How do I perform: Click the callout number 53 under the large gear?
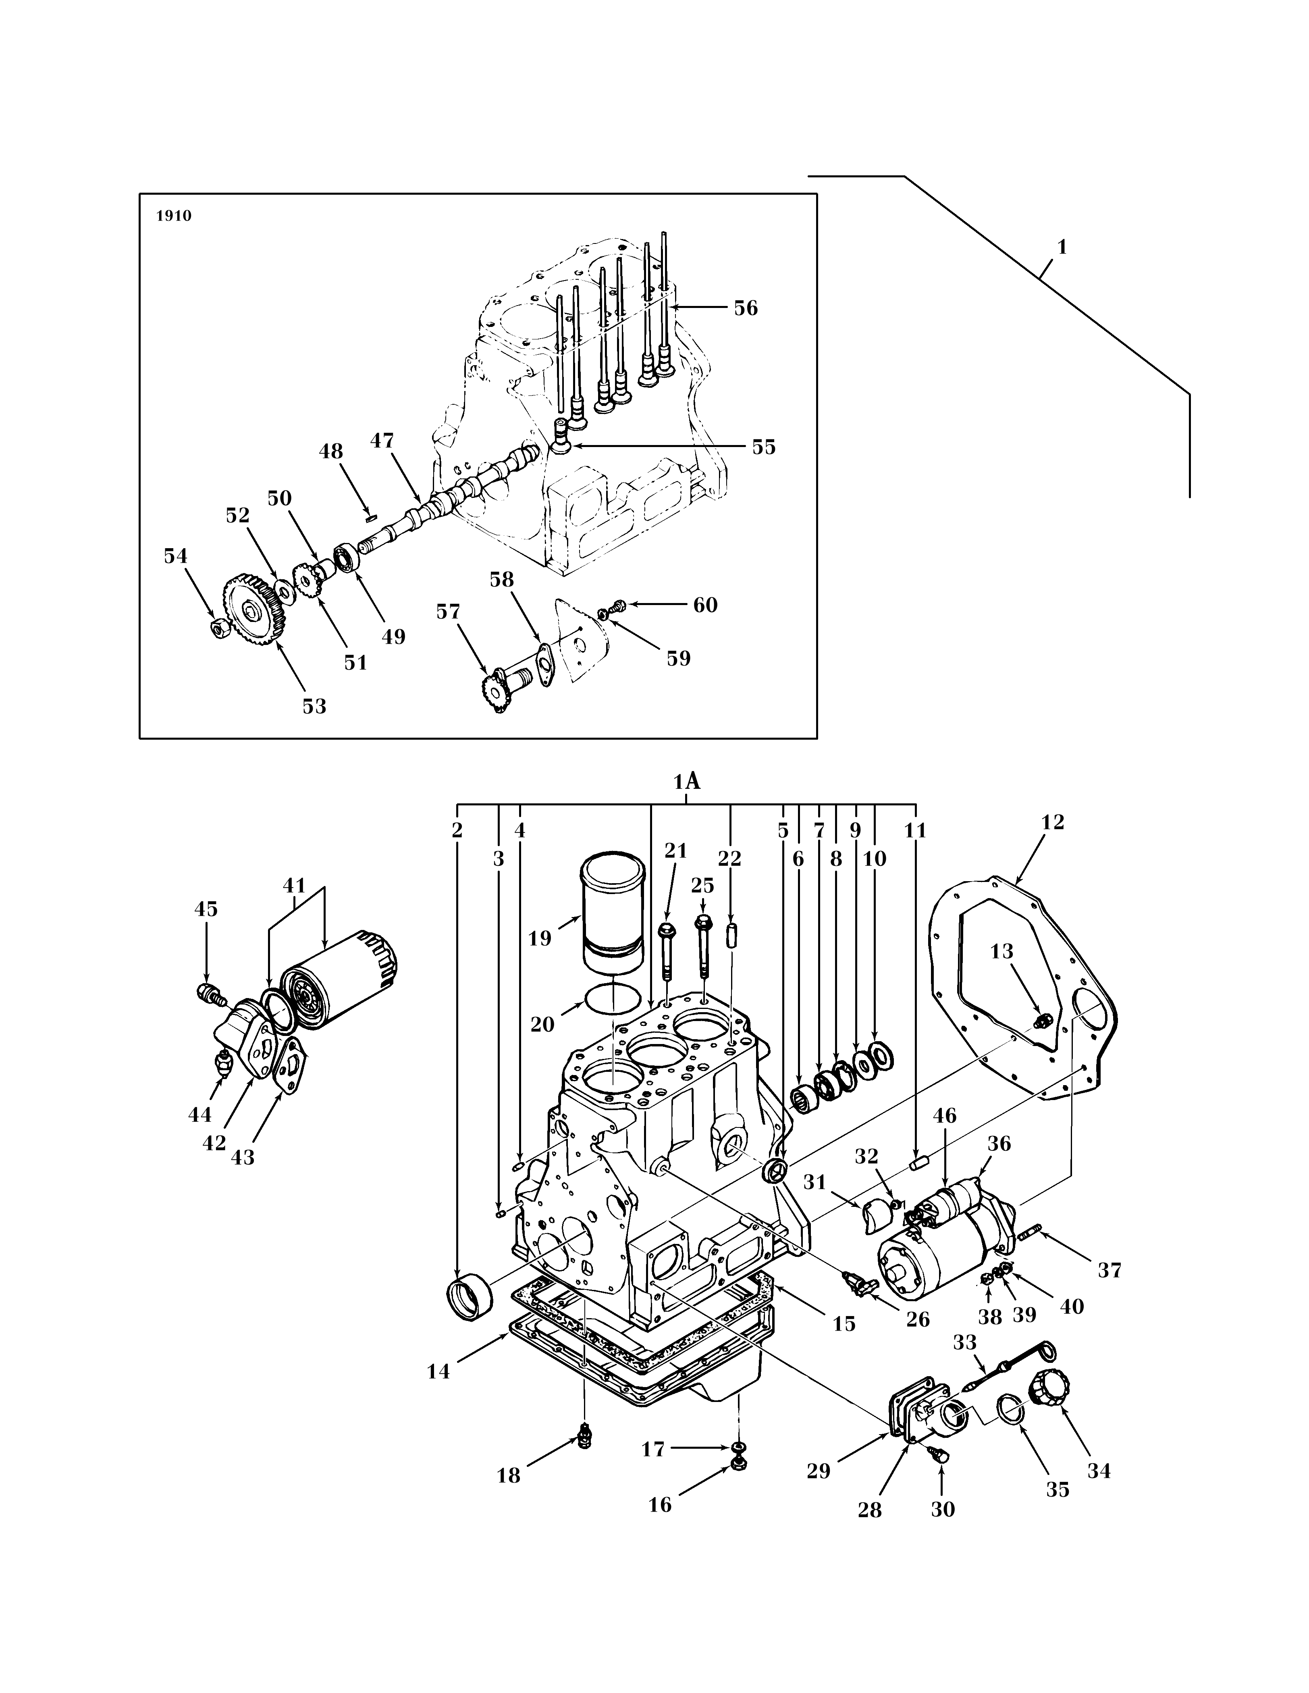tap(314, 706)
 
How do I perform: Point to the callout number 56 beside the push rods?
tap(746, 308)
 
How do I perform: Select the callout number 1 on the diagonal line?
tap(1062, 247)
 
